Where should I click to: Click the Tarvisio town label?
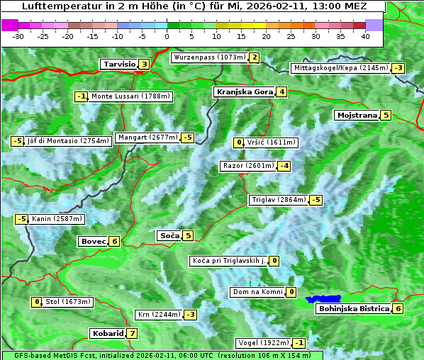coord(118,64)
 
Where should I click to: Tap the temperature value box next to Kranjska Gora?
coord(281,91)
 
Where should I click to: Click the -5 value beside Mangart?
coord(187,137)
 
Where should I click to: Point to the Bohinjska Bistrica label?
coord(353,309)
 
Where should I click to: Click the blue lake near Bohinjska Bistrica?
coord(323,300)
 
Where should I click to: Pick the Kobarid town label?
coord(107,334)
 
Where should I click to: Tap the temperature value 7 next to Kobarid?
coord(132,334)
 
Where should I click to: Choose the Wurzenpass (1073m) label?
coord(210,57)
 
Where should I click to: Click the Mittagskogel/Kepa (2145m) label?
coord(341,68)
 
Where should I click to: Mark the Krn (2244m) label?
coord(159,315)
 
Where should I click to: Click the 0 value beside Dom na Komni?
coord(291,292)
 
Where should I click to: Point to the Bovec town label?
coord(93,242)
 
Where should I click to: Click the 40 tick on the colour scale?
coord(365,36)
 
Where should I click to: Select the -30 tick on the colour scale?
coord(18,36)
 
